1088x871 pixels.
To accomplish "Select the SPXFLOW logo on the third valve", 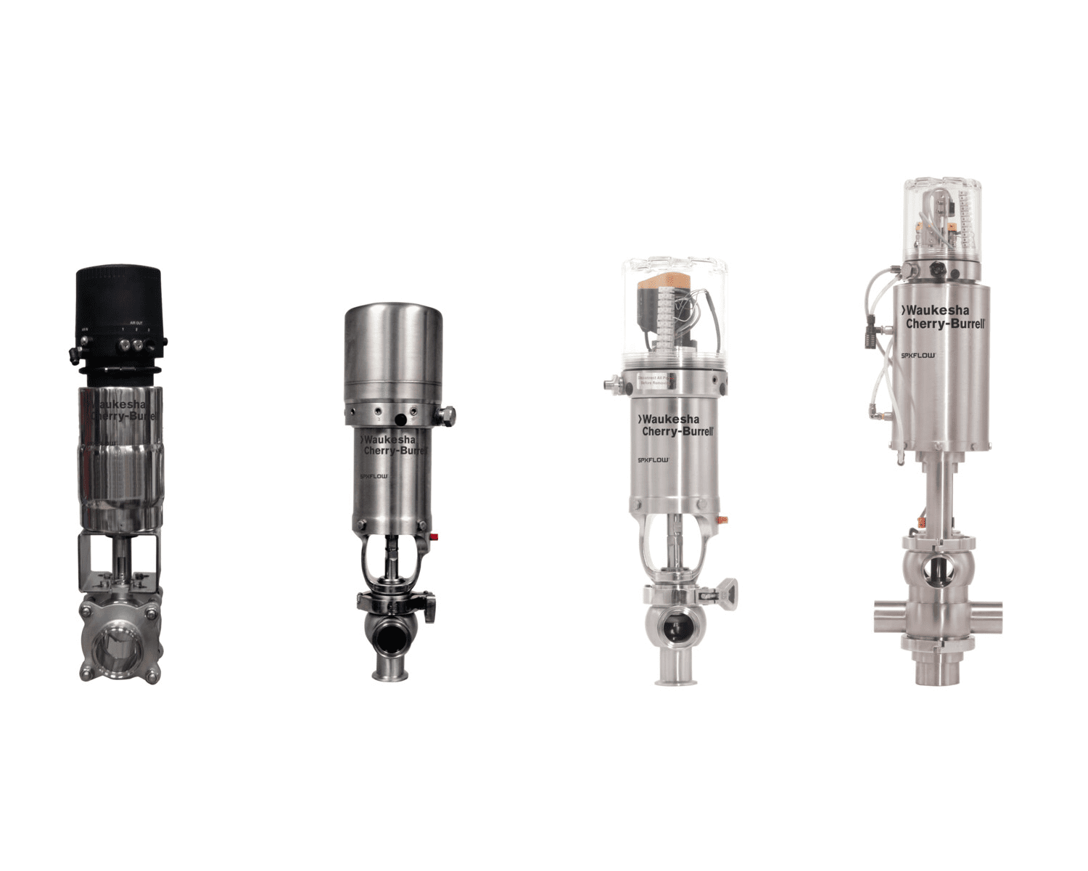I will coord(653,459).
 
